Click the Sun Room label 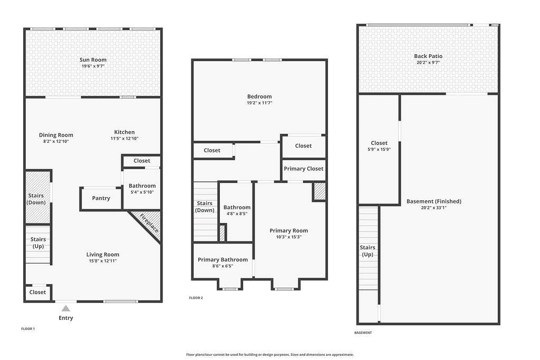(x=93, y=60)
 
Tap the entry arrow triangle (x=66, y=308)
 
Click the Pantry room (x=101, y=198)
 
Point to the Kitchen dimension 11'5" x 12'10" (x=124, y=139)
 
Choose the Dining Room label (x=56, y=135)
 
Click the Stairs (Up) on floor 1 (x=38, y=245)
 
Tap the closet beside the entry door (x=37, y=293)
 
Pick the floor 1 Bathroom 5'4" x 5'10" (x=142, y=189)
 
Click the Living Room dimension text (x=103, y=261)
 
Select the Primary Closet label (x=303, y=169)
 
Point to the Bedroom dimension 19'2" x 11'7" (x=259, y=103)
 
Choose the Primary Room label (x=288, y=230)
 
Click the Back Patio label (x=428, y=56)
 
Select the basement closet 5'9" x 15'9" (x=379, y=149)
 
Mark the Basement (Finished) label (x=433, y=201)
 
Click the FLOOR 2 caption (x=196, y=298)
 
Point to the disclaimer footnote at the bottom (x=269, y=355)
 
